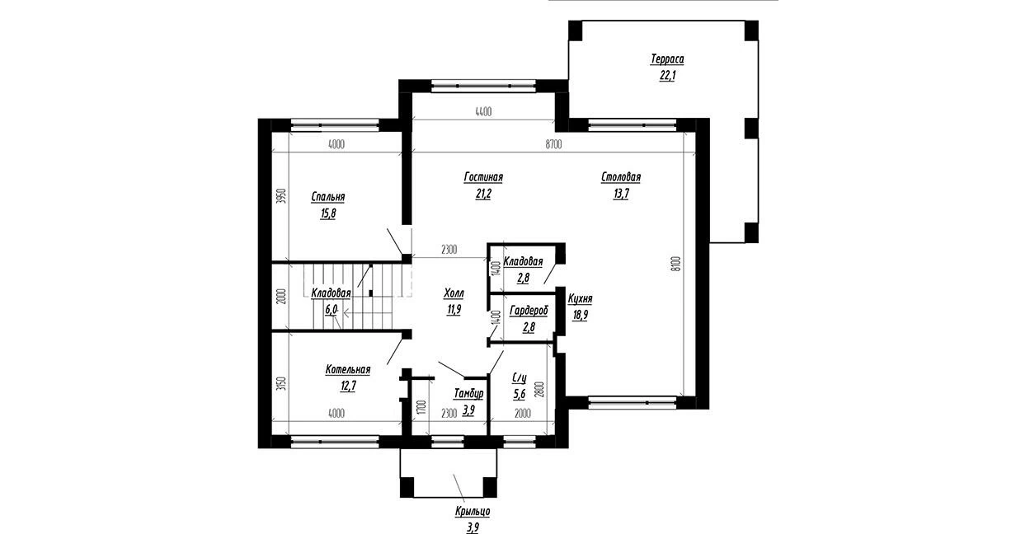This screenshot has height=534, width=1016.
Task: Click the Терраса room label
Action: click(x=667, y=59)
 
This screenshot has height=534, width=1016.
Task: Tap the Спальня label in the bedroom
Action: click(x=328, y=197)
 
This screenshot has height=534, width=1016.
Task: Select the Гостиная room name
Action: click(x=483, y=177)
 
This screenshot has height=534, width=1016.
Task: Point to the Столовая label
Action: click(x=621, y=177)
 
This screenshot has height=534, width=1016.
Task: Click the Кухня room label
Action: click(x=580, y=299)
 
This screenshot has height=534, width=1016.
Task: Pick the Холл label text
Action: click(x=454, y=293)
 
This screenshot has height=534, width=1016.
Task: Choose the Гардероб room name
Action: click(x=529, y=311)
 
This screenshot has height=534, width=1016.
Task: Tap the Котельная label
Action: click(x=348, y=370)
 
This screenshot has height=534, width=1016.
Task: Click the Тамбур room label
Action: click(x=468, y=394)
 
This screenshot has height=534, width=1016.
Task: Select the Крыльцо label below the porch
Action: click(x=473, y=512)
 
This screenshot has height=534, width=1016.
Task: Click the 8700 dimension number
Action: click(x=554, y=144)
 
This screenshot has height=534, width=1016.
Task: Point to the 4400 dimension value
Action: click(x=483, y=111)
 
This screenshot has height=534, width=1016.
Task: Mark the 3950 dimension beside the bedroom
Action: click(x=281, y=197)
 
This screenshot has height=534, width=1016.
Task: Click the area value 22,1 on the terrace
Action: click(x=667, y=76)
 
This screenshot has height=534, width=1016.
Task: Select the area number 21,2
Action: click(x=483, y=194)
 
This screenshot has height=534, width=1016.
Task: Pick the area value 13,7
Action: click(x=621, y=194)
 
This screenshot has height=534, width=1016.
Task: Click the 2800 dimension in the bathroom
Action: click(x=539, y=390)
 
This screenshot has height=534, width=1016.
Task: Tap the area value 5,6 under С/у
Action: click(x=520, y=395)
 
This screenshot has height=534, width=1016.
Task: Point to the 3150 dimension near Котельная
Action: click(x=281, y=385)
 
